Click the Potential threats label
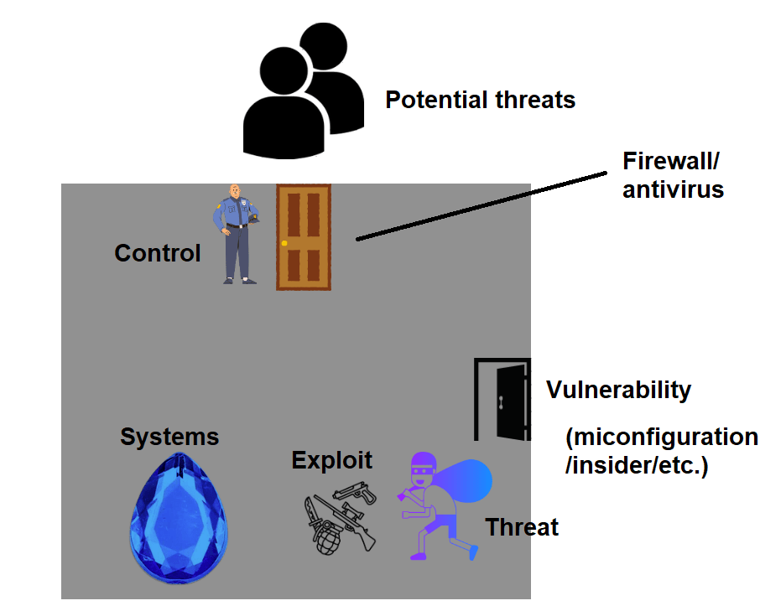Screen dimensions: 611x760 [480, 101]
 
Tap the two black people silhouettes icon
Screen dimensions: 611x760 [302, 92]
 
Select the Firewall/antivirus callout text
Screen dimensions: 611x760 [673, 175]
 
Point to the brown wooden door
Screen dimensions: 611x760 [304, 237]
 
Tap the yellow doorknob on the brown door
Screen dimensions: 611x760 [285, 243]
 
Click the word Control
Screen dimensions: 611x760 [158, 253]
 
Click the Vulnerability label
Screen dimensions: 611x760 [618, 390]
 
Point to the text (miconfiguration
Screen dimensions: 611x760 [662, 438]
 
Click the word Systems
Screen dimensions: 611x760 [169, 437]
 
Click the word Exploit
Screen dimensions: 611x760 [331, 459]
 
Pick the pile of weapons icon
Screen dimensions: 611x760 [340, 518]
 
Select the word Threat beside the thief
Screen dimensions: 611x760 [522, 527]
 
